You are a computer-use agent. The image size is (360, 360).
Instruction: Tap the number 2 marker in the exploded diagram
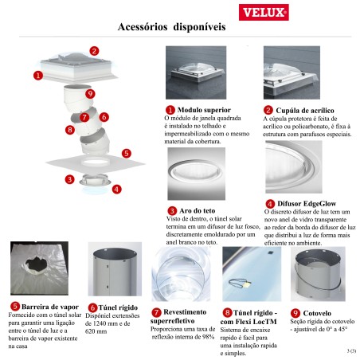point(94,51)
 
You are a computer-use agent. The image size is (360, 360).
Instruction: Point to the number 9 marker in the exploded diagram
point(91,94)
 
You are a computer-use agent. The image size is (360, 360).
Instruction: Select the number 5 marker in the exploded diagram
point(126,152)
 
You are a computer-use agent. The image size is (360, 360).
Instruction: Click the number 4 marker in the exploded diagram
point(117,189)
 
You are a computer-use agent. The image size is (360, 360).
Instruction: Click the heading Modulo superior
point(204,109)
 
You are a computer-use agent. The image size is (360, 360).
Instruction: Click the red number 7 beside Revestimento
point(157,313)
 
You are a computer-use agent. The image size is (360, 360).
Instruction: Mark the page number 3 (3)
point(351,350)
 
